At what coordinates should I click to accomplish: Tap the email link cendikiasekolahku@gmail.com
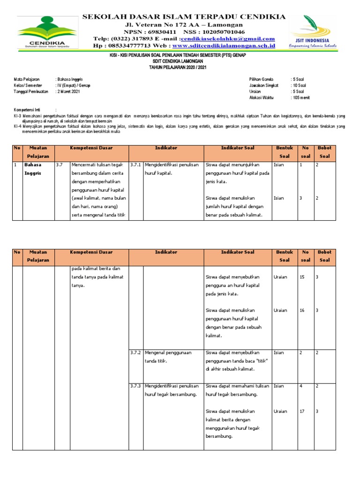(x=234, y=38)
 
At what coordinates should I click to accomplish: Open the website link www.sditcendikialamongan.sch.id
(x=224, y=46)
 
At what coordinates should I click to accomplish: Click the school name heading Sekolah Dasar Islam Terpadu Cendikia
(x=184, y=17)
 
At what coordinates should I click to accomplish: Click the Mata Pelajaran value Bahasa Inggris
(x=70, y=80)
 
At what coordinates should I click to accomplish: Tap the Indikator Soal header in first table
(x=238, y=148)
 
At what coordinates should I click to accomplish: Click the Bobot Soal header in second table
(x=324, y=256)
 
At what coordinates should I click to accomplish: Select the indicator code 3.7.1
(x=135, y=165)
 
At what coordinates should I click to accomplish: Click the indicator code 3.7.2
(x=135, y=352)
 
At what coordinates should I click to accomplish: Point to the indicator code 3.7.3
(x=135, y=386)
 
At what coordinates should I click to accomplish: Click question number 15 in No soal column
(x=302, y=277)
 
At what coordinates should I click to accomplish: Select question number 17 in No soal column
(x=302, y=411)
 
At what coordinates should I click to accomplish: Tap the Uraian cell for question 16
(x=280, y=310)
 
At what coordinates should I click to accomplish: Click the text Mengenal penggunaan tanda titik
(x=171, y=357)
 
